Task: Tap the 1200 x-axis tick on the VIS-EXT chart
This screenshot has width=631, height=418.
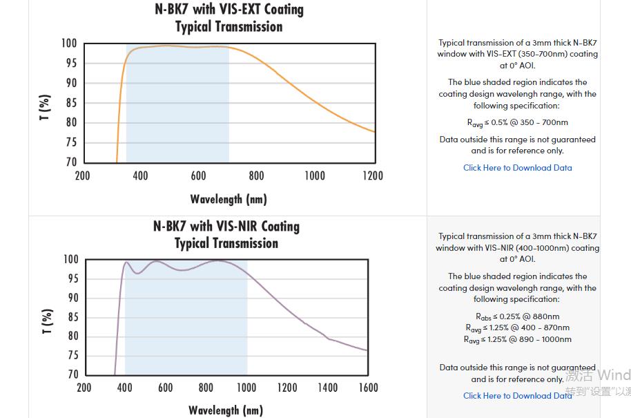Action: click(x=373, y=175)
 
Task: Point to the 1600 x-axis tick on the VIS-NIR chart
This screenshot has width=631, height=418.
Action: click(x=368, y=388)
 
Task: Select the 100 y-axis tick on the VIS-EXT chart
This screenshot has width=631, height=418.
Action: click(x=68, y=44)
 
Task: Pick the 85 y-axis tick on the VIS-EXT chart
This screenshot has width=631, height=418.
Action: click(x=70, y=103)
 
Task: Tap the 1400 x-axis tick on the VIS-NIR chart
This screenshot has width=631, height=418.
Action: click(x=327, y=388)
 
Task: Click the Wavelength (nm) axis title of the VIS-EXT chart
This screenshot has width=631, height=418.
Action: click(x=229, y=200)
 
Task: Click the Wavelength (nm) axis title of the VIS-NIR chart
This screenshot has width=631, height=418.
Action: click(x=226, y=410)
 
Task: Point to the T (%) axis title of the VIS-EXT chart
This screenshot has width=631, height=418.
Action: click(x=45, y=108)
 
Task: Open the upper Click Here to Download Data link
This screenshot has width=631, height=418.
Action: click(x=517, y=168)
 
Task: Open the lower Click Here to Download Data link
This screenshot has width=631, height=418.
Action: click(x=517, y=396)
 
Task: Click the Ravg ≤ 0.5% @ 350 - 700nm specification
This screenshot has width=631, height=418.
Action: click(x=517, y=123)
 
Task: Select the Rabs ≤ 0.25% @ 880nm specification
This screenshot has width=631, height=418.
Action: click(x=517, y=316)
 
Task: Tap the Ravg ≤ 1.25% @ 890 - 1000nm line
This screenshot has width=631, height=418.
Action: click(x=517, y=339)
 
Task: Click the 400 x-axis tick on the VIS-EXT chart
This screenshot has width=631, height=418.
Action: click(x=140, y=175)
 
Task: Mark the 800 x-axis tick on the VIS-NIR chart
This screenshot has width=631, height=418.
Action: click(x=206, y=388)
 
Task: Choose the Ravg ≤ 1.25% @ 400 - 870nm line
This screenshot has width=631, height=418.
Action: click(x=517, y=327)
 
